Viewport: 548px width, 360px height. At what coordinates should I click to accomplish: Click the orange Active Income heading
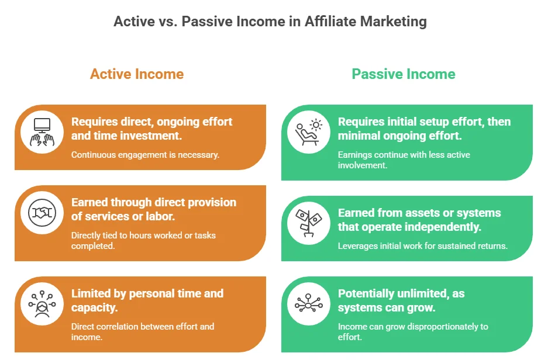137,74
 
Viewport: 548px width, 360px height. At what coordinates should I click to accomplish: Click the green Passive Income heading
404,74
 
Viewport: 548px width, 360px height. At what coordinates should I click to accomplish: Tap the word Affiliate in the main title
330,21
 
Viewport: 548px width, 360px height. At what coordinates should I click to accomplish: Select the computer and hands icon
42,132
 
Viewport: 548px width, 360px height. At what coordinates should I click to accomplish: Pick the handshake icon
42,212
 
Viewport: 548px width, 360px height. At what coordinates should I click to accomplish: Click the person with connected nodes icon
42,304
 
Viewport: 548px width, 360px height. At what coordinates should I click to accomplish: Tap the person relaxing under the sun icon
309,132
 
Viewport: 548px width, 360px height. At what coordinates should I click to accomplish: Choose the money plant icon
309,223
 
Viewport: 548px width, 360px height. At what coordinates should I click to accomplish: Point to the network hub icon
309,303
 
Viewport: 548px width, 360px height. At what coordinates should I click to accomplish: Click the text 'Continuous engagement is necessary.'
145,155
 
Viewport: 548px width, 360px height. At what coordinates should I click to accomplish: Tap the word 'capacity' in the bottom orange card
93,307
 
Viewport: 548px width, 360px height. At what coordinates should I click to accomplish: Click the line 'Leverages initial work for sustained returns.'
422,246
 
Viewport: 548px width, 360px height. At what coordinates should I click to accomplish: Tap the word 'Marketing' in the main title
394,21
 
